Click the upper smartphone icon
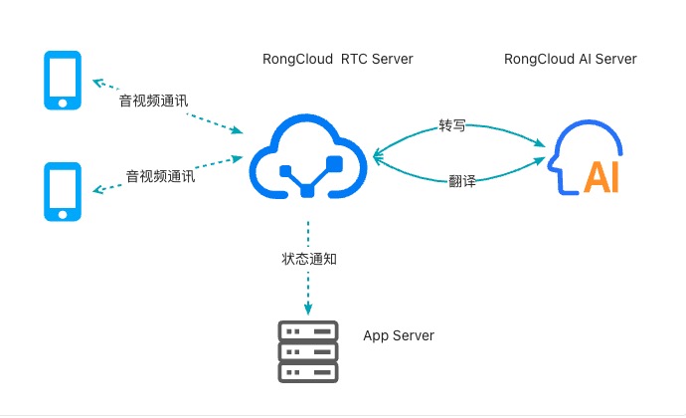(x=63, y=81)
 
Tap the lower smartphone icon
(x=63, y=192)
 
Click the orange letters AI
(x=602, y=176)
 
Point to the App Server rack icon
(x=308, y=352)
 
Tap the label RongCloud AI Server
(x=571, y=60)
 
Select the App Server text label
(x=399, y=336)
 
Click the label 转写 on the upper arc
(x=452, y=127)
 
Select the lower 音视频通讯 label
(x=159, y=176)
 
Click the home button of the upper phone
(x=63, y=102)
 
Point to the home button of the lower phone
(x=63, y=213)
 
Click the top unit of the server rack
(x=308, y=331)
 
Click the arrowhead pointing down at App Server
(x=308, y=309)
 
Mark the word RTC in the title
(x=355, y=60)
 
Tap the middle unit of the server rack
(x=308, y=352)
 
